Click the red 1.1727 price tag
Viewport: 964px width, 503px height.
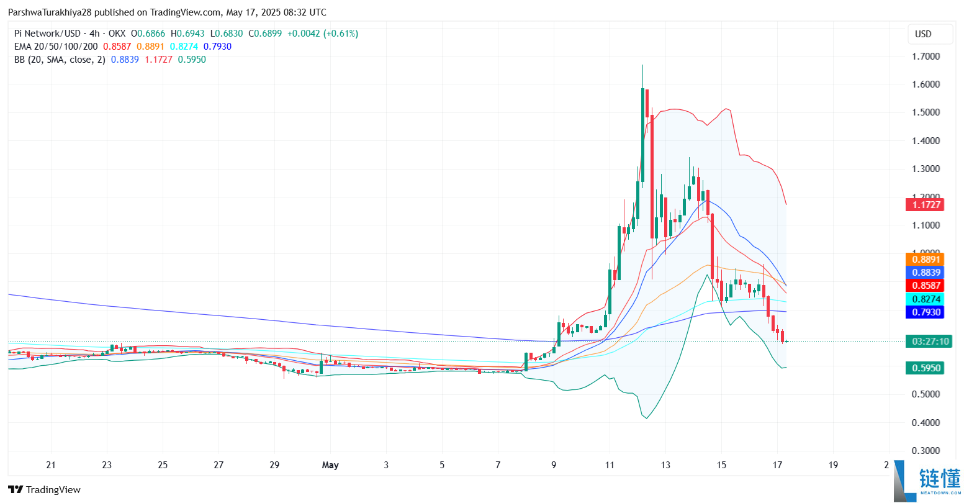(924, 204)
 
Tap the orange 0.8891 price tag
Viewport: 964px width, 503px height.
(924, 259)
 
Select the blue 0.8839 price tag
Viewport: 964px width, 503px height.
(924, 272)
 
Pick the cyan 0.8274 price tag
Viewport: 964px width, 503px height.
(924, 299)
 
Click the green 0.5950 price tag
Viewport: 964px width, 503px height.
(924, 368)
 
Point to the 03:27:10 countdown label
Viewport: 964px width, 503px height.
(927, 341)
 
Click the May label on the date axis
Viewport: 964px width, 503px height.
(330, 464)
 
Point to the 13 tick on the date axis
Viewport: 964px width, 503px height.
(665, 464)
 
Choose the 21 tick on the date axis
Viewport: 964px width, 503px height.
(51, 464)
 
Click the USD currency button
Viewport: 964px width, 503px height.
(923, 34)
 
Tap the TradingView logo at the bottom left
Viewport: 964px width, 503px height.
(44, 489)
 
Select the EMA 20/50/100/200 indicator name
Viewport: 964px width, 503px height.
(56, 47)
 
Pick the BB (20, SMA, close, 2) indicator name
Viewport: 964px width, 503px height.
(60, 60)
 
